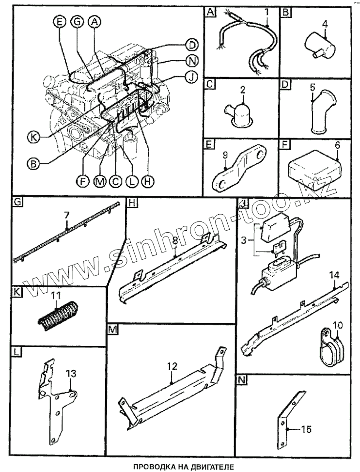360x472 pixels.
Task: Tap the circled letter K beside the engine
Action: pos(32,137)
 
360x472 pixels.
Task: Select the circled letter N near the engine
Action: pos(192,61)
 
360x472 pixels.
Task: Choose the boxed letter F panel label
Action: pos(285,144)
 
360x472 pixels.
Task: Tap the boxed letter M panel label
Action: pos(113,330)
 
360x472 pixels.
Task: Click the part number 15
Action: pos(306,429)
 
